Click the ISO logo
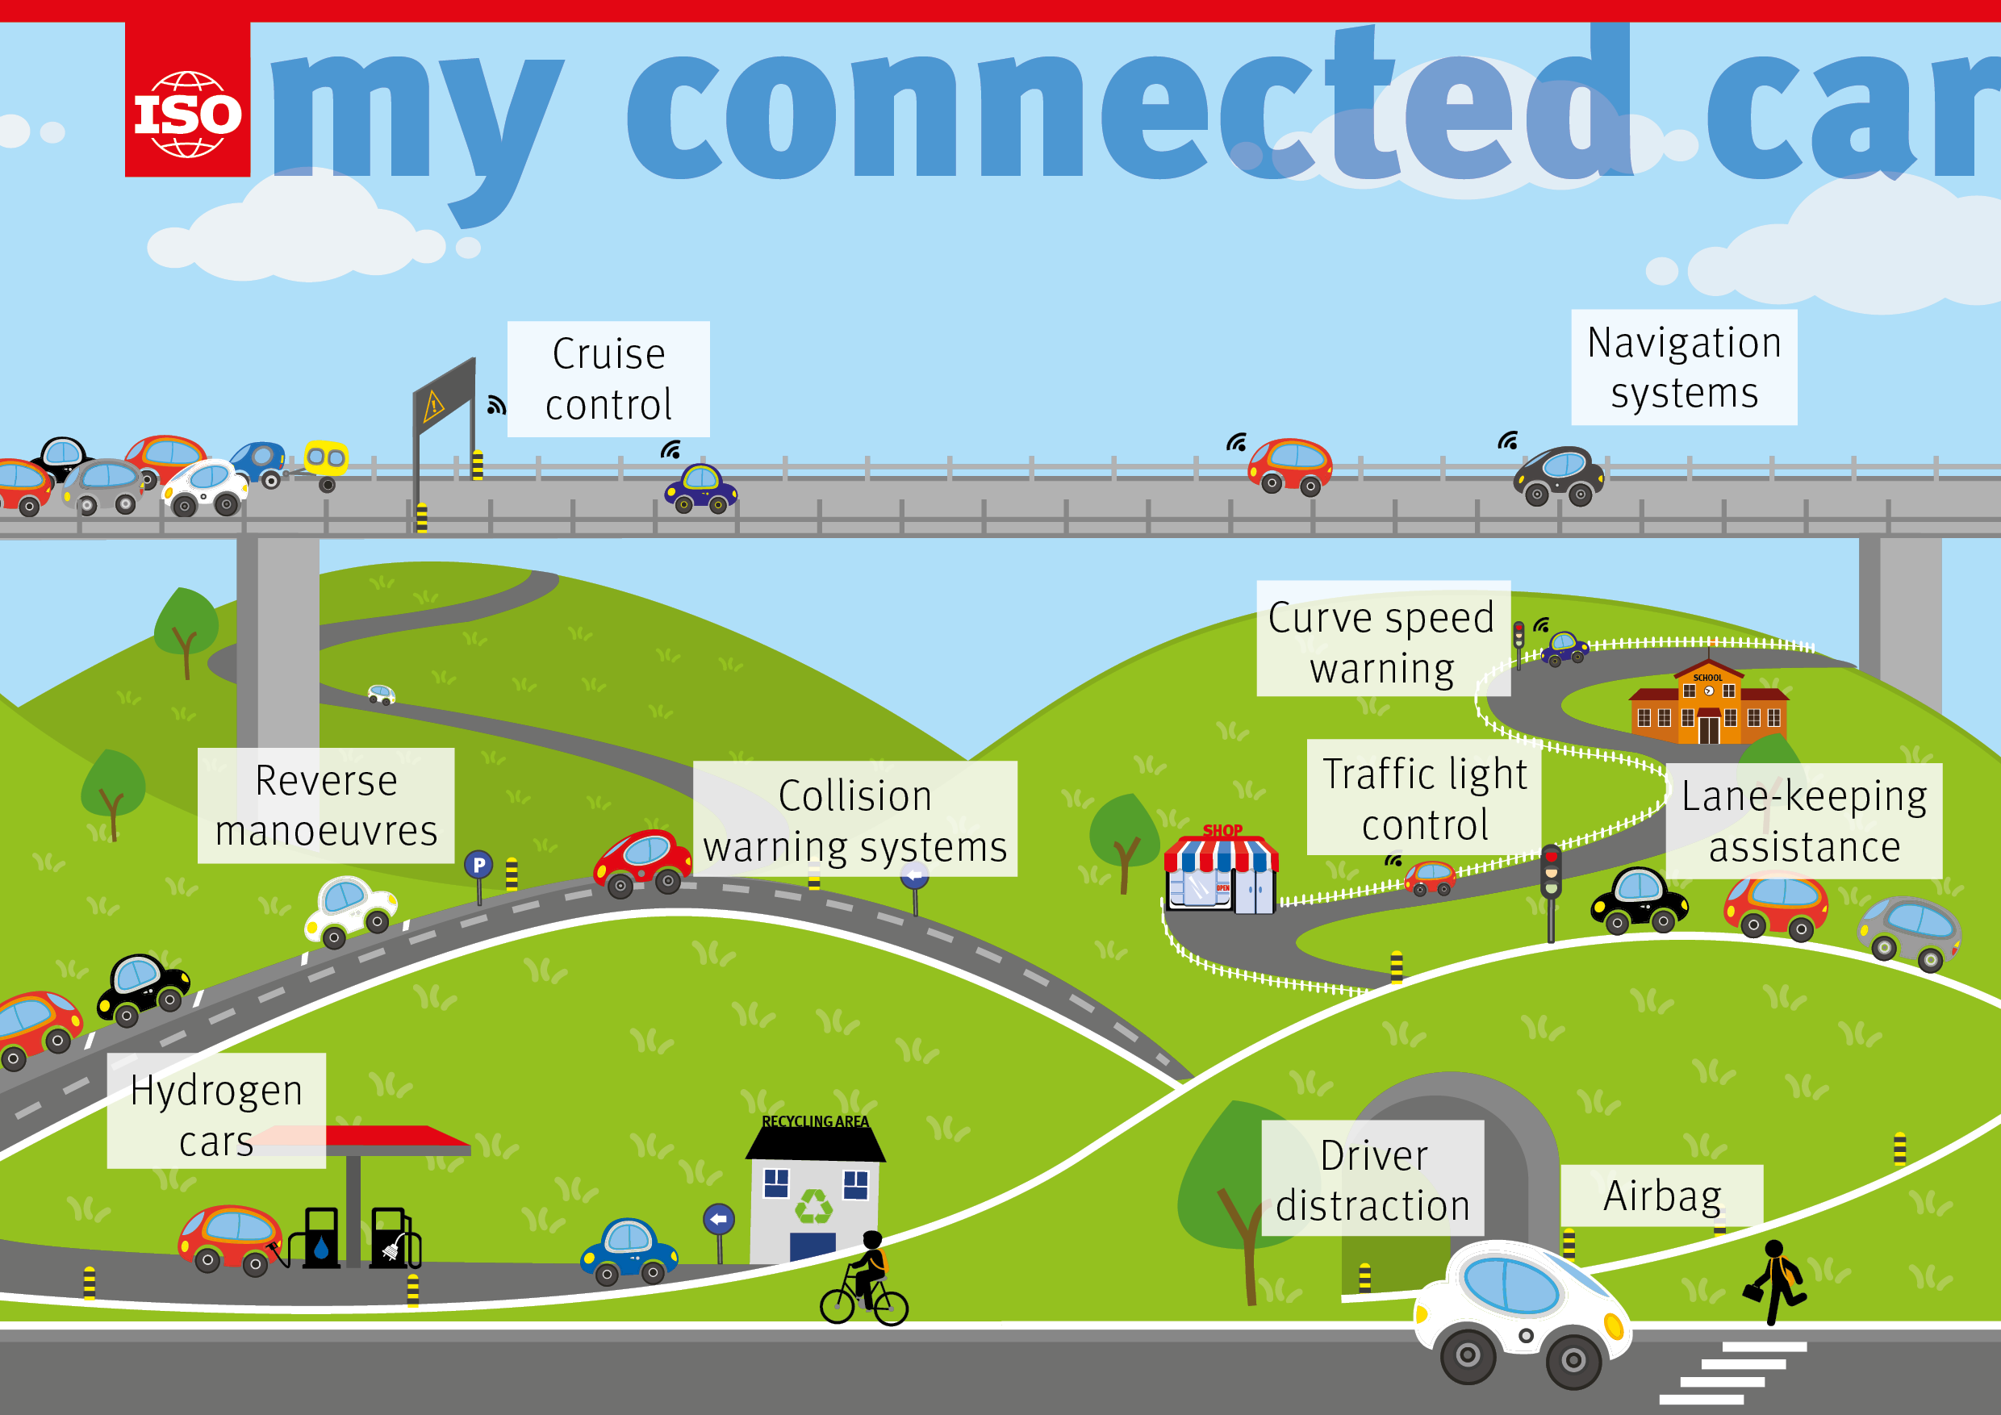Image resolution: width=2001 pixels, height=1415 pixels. click(187, 113)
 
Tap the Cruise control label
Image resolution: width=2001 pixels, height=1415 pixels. click(608, 379)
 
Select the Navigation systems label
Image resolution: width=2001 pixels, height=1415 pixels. click(1684, 367)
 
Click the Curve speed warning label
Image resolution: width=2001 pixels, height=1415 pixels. click(1382, 642)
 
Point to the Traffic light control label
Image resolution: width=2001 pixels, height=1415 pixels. click(1424, 798)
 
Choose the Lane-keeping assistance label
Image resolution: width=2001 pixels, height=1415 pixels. click(1803, 820)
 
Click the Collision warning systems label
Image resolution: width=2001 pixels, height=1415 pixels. click(855, 819)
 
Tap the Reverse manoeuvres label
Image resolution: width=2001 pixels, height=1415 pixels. click(326, 805)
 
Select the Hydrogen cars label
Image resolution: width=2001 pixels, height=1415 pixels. click(216, 1114)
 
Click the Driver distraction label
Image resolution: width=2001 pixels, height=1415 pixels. click(1372, 1179)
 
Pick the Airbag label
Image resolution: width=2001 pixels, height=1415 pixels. click(1662, 1196)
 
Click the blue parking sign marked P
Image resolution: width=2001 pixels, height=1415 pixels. click(478, 865)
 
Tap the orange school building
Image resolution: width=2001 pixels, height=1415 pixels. click(1708, 707)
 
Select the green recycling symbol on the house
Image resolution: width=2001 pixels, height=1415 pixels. click(814, 1208)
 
